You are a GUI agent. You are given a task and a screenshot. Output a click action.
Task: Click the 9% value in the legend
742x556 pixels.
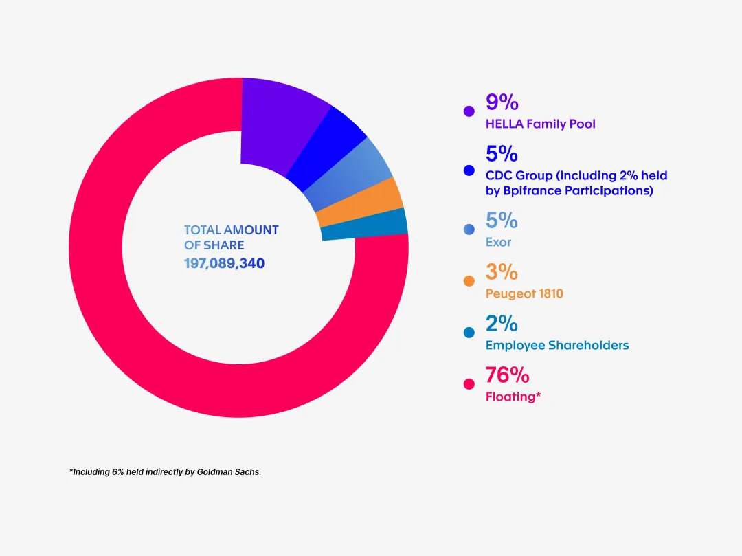pos(502,102)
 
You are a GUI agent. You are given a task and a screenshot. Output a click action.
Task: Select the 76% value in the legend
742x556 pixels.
pos(507,375)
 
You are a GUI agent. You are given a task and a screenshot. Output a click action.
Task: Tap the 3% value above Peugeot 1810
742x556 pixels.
pos(502,272)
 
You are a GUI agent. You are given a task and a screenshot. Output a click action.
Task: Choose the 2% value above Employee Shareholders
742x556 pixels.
pos(502,324)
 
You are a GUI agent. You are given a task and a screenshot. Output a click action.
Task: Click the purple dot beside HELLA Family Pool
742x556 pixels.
pos(469,111)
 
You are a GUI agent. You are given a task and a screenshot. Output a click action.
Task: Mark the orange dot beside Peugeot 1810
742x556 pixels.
pos(469,281)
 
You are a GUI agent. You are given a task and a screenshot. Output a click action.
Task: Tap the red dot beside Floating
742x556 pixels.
pos(469,384)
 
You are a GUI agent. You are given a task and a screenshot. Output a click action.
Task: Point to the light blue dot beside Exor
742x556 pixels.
pos(469,230)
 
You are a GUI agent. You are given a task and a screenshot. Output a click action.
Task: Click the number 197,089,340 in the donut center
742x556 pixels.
pos(224,263)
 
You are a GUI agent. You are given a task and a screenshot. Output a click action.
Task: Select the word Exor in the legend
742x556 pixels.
pos(498,242)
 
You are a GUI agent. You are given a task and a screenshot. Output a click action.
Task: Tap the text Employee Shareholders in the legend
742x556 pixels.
pos(557,345)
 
